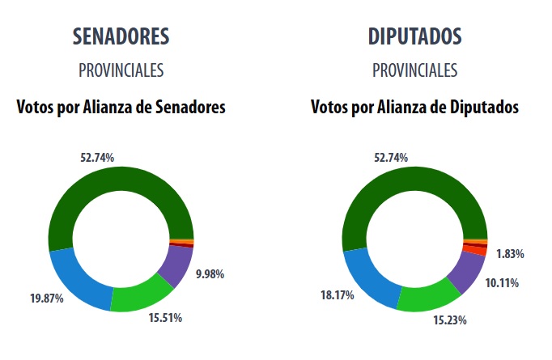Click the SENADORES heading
click(121, 37)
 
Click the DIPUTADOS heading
click(414, 37)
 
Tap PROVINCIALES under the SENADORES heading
click(121, 70)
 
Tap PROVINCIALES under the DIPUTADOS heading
click(414, 70)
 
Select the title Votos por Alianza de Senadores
click(121, 107)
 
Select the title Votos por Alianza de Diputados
click(414, 107)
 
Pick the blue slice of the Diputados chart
click(370, 279)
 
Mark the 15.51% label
click(165, 318)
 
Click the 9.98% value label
click(210, 273)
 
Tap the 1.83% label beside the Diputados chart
click(509, 254)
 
